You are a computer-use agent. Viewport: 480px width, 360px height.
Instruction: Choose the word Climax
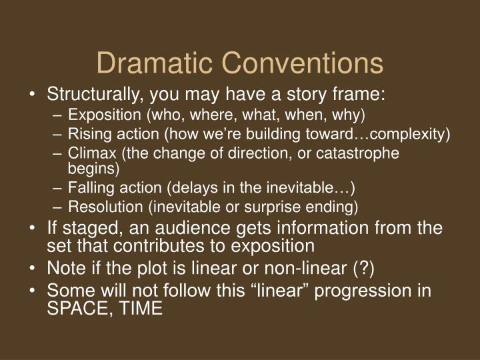[88, 153]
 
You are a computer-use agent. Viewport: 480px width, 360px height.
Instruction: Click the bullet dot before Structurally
[33, 95]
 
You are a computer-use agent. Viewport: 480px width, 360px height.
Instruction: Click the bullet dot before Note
[33, 270]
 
